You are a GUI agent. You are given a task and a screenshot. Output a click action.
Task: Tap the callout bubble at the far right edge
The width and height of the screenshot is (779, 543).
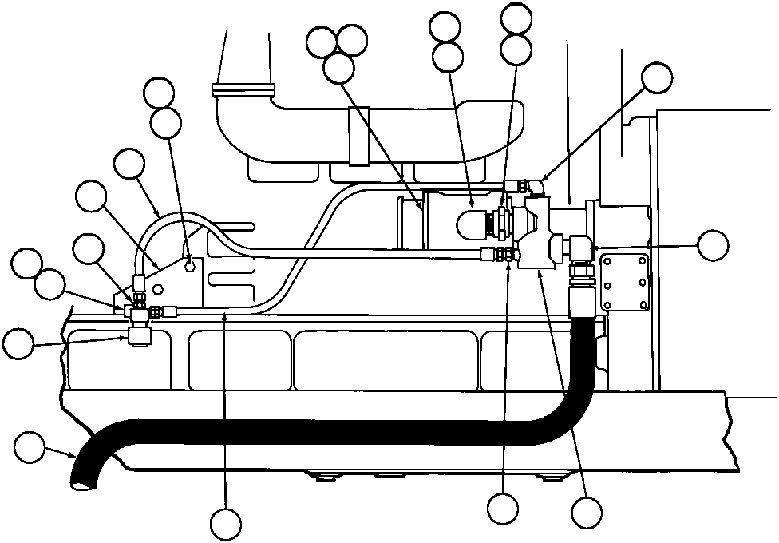tap(712, 245)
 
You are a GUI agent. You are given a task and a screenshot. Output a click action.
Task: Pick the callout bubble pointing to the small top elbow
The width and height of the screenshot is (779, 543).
tap(657, 77)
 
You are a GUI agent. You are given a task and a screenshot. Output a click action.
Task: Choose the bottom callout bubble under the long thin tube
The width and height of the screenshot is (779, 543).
tap(226, 524)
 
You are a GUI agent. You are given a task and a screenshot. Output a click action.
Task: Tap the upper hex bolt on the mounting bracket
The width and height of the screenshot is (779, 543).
tap(188, 265)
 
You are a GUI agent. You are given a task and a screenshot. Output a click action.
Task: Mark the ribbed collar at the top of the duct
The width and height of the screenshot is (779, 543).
tap(243, 90)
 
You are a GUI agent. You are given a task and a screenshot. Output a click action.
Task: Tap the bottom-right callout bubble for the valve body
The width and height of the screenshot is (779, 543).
tap(587, 512)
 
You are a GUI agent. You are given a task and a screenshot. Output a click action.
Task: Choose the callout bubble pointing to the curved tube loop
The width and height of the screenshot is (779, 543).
tap(129, 164)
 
